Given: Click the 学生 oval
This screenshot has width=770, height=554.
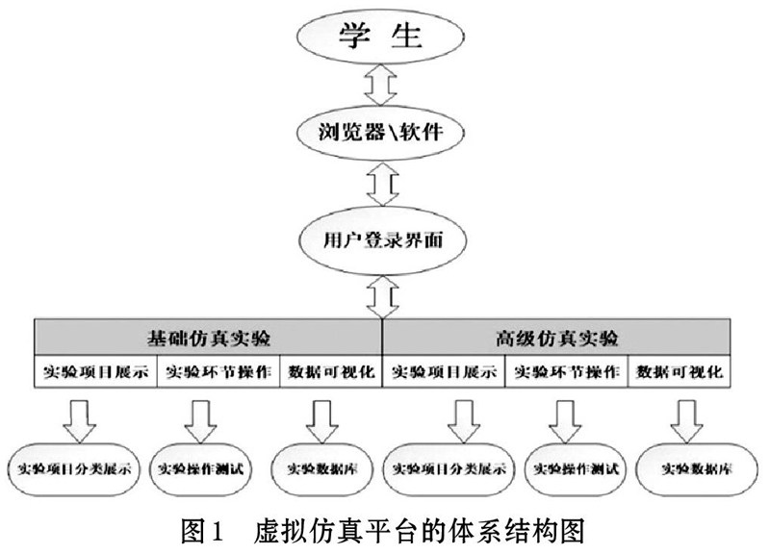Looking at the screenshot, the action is (380, 36).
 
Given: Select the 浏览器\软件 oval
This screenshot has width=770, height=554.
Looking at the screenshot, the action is (380, 133).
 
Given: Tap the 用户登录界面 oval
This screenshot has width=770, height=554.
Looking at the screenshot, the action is (382, 239).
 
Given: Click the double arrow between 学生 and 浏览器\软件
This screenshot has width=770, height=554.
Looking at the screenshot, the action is (380, 85).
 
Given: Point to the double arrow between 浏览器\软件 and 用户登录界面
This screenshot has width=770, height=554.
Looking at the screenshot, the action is (382, 184).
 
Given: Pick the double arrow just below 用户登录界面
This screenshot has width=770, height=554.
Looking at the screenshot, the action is (382, 297).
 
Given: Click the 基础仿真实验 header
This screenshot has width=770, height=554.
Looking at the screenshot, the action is (208, 337).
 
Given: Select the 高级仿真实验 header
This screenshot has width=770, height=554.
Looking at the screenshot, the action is (556, 337).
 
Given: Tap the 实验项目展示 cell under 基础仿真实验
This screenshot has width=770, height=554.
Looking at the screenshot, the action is (95, 371).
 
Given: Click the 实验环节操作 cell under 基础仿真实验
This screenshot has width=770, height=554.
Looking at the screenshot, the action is (218, 371).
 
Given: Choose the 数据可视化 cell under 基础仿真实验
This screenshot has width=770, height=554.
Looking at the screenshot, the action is (331, 371).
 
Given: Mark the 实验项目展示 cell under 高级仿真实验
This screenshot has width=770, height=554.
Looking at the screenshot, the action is (444, 371).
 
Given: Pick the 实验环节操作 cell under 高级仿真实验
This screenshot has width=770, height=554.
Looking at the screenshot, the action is (567, 371).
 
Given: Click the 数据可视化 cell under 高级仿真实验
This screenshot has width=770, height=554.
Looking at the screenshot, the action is (680, 371).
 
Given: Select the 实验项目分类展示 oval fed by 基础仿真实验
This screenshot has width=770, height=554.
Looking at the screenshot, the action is (74, 469).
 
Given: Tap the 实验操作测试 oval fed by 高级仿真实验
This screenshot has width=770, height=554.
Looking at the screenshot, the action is (576, 469).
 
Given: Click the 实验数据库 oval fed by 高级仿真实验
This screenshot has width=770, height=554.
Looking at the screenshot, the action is (697, 469).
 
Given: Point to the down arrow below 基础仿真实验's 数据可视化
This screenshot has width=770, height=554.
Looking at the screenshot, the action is (322, 421).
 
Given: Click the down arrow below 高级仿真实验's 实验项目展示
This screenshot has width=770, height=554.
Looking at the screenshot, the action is (464, 421).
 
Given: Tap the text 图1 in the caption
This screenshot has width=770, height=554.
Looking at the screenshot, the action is (202, 532).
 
